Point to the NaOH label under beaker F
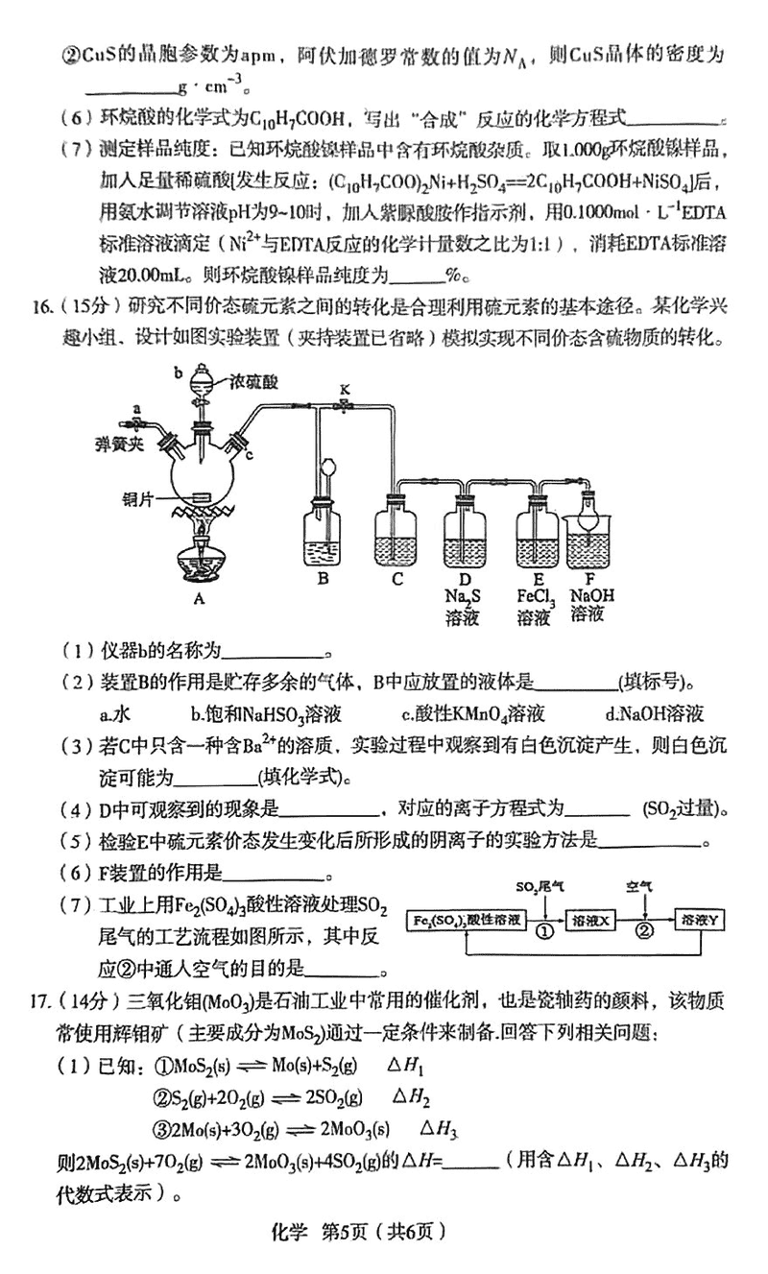(591, 596)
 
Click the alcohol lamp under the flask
(200, 557)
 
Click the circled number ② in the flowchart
(645, 930)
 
